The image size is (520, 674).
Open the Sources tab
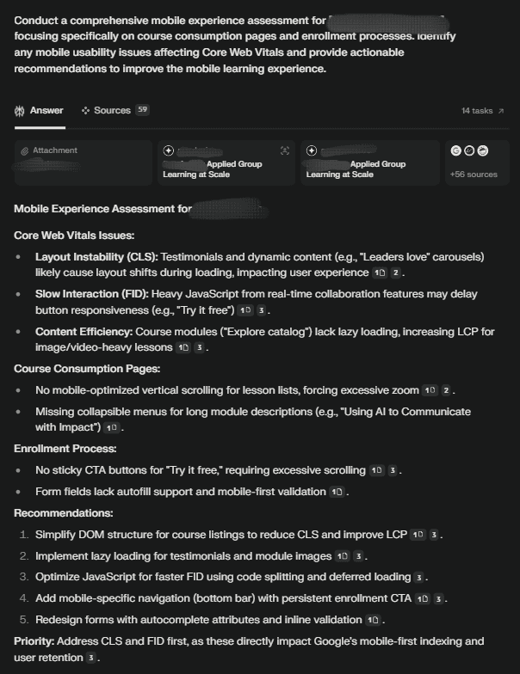112,111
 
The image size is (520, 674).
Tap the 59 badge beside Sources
142,110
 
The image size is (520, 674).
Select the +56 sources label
473,175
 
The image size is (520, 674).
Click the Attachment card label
54,150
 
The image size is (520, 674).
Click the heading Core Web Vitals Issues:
74,235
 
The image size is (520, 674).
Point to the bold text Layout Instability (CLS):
96,257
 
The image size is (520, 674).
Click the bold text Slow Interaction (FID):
93,294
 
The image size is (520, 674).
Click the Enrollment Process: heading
65,448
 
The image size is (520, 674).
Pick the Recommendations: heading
63,512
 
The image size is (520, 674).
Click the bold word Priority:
38,640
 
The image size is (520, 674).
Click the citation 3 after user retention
90,658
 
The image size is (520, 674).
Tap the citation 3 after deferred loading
418,577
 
